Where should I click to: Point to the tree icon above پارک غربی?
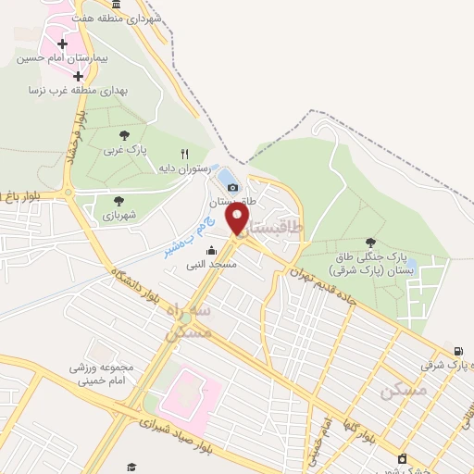pos(123,135)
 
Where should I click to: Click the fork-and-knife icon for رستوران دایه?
pos(185,154)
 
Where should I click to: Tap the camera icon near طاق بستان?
pos(233,187)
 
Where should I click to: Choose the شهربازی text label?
pos(119,214)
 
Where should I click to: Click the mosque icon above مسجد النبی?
pos(211,250)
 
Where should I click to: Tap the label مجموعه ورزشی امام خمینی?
pos(101,373)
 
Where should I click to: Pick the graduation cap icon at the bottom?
pos(131,467)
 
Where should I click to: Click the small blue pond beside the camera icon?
pos(226,176)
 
